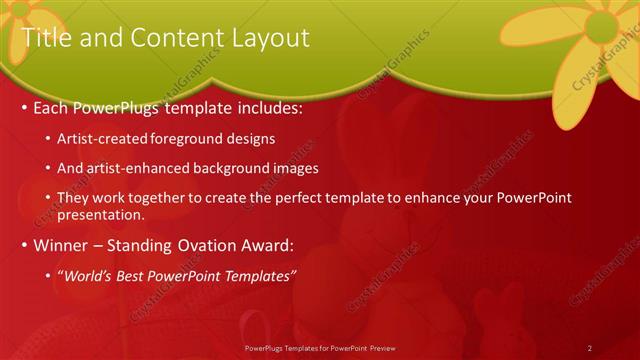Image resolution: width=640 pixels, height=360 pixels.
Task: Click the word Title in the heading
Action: (x=46, y=38)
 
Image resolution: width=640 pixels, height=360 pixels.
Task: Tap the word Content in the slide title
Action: (x=166, y=38)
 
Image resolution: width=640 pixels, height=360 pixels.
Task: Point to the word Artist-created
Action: (x=103, y=138)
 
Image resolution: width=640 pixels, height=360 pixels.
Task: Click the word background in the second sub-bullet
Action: (x=227, y=169)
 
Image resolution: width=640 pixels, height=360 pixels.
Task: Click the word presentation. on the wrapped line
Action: (x=102, y=214)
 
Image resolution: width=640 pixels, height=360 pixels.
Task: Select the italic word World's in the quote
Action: (x=91, y=276)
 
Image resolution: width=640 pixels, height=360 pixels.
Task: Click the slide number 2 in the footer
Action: (x=590, y=348)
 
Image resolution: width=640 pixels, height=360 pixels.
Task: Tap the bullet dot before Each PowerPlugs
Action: (x=24, y=108)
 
